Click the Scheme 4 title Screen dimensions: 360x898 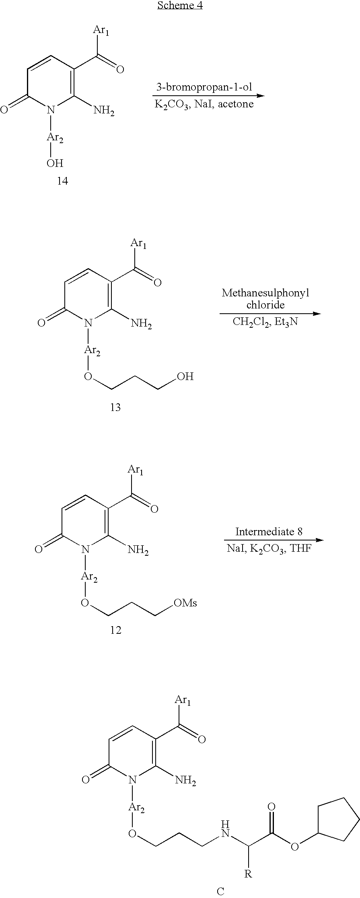tap(180, 6)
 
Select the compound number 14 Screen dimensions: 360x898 tap(62, 181)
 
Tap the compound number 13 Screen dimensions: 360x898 tap(115, 407)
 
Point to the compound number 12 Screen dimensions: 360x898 tap(115, 630)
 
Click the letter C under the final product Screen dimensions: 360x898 tap(220, 891)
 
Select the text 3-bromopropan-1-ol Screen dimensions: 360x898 tap(204, 87)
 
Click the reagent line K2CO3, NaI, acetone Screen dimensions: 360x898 tap(204, 105)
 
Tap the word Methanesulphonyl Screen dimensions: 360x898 tap(265, 293)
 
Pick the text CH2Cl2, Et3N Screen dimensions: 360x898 tap(265, 322)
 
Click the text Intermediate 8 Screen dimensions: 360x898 tap(269, 532)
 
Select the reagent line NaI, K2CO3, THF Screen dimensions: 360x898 tap(269, 549)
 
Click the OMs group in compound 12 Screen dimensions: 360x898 tap(185, 603)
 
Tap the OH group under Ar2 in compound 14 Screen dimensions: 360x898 tap(55, 163)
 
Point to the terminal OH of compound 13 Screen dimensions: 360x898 tap(185, 376)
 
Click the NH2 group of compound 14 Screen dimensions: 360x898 tap(104, 111)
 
